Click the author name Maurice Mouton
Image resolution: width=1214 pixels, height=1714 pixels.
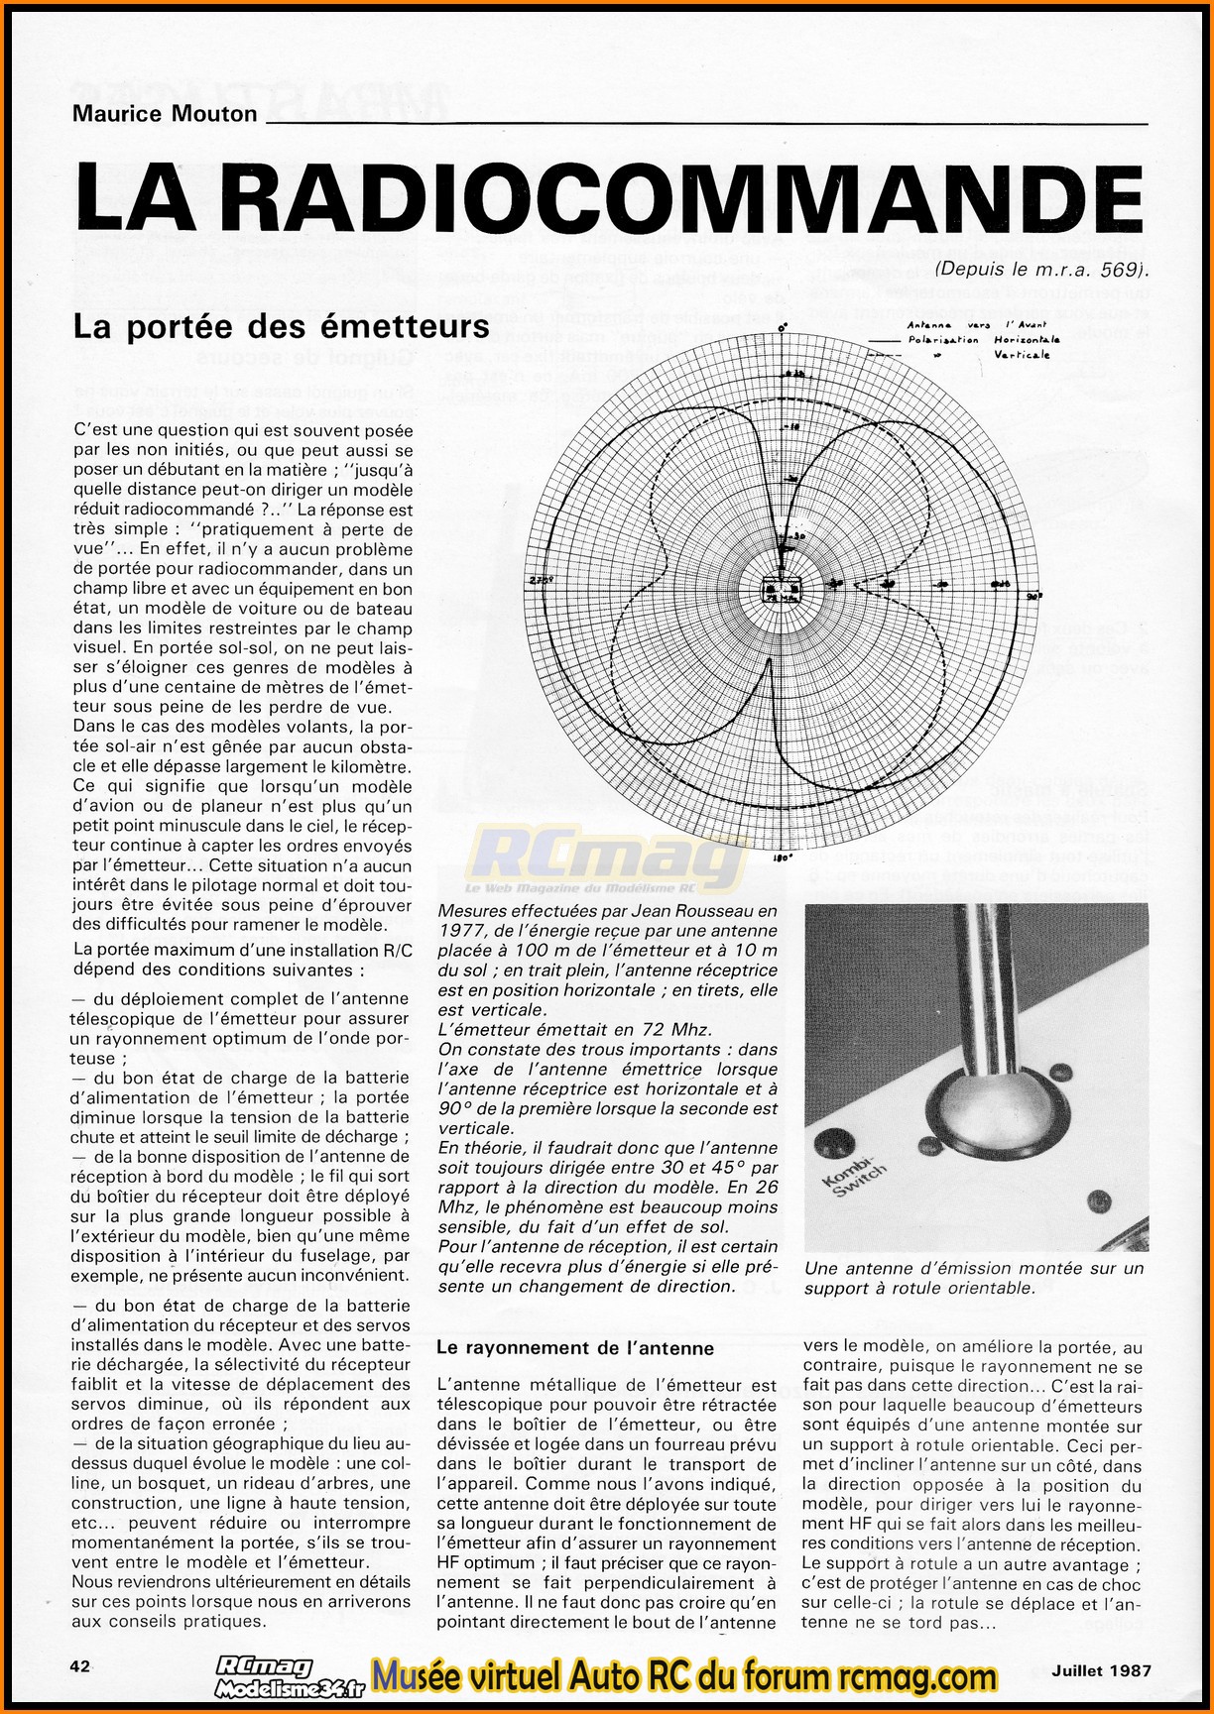(x=165, y=113)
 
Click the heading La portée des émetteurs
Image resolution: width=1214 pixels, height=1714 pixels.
(x=282, y=327)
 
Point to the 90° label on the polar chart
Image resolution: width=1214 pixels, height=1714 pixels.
(x=1031, y=598)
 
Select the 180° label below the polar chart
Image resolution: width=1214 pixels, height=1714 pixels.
(x=782, y=858)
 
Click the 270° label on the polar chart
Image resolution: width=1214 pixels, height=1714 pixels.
(x=539, y=579)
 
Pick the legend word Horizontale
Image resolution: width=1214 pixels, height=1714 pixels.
(x=1027, y=339)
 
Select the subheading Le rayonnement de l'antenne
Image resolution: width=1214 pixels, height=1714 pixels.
(x=575, y=1348)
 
